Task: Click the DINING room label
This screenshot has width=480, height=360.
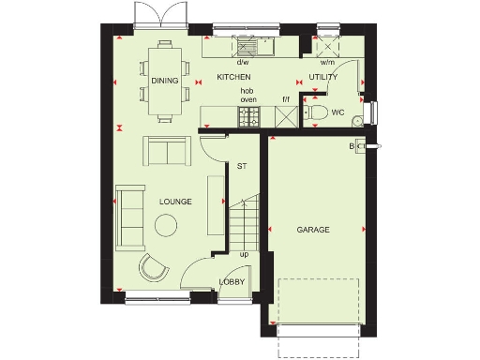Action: tap(164, 81)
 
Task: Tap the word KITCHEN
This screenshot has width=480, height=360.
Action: tap(234, 76)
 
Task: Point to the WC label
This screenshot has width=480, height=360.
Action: tap(337, 111)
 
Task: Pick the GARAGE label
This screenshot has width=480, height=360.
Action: tap(313, 229)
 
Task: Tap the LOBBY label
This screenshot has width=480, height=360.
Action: tap(232, 281)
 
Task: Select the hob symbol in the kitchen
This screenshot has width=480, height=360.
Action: tap(249, 116)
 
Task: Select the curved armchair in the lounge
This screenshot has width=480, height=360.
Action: tap(154, 267)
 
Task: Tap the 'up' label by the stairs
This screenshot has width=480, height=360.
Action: tap(245, 254)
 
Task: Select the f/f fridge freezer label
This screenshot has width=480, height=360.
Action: tap(285, 97)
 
